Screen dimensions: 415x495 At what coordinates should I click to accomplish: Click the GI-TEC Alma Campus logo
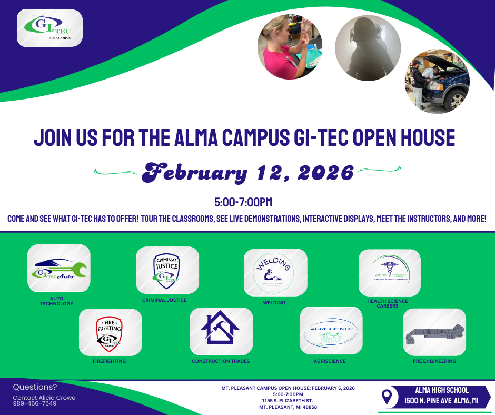[49, 28]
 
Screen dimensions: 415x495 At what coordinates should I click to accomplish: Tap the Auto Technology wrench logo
[58, 269]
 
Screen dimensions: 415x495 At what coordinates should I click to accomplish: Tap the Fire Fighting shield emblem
[110, 333]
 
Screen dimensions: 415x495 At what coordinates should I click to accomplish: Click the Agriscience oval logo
[331, 331]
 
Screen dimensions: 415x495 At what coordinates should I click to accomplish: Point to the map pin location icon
[387, 397]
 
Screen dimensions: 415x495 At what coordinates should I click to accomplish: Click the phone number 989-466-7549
[35, 403]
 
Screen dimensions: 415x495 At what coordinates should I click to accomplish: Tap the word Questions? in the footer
[35, 387]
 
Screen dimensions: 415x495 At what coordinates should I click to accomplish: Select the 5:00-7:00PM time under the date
[243, 202]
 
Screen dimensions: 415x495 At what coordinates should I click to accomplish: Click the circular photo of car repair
[437, 82]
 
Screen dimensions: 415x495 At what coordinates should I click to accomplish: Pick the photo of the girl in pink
[290, 47]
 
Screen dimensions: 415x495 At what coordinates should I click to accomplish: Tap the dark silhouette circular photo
[368, 47]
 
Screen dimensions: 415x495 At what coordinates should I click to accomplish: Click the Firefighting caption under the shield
[109, 361]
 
